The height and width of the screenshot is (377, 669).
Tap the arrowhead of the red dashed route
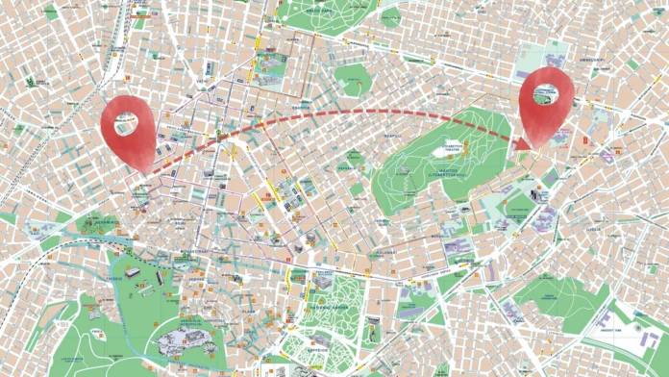click(525, 144)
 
